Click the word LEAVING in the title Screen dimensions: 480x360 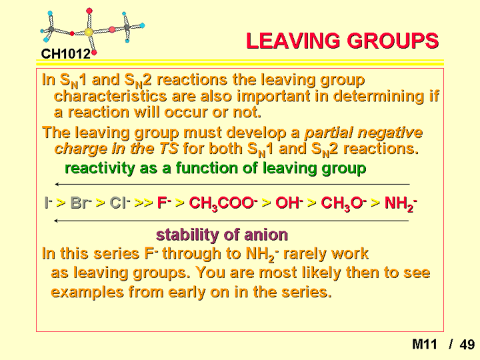(293, 41)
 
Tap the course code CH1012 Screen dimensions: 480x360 (66, 54)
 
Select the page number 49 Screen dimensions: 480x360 (467, 345)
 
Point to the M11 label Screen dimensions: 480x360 (425, 345)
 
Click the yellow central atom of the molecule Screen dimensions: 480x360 (89, 32)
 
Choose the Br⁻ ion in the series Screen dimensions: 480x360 (81, 203)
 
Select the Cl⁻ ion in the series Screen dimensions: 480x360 (120, 203)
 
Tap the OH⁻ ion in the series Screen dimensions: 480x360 (289, 203)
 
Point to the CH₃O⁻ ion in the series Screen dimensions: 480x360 (343, 203)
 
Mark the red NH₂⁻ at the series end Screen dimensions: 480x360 (401, 203)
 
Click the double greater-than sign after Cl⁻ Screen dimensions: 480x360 (143, 203)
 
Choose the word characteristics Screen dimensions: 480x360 (110, 96)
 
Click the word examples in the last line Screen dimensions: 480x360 (87, 292)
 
